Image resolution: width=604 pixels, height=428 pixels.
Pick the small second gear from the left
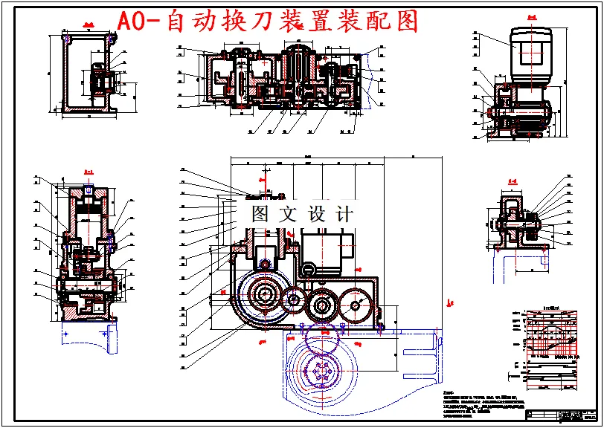click(293, 302)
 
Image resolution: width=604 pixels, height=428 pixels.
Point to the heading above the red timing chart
click(551, 306)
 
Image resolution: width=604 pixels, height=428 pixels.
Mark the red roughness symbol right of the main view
click(449, 302)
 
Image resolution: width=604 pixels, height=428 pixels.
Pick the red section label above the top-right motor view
click(531, 16)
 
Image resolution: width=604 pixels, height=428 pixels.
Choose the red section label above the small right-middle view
click(513, 181)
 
